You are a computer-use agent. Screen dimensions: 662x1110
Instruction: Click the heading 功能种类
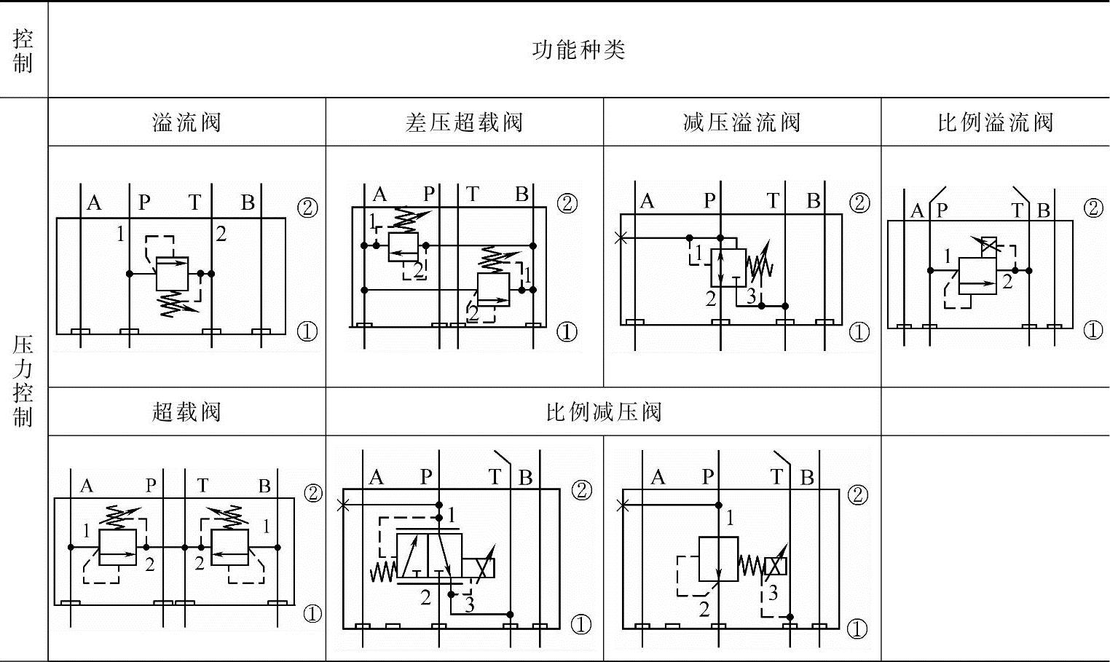coord(578,50)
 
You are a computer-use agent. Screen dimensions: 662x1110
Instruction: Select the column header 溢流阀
coord(186,122)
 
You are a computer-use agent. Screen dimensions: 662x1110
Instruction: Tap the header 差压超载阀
coord(464,122)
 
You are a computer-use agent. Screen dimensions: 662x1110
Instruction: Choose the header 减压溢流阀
coord(741,122)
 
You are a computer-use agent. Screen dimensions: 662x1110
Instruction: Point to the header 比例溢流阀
coord(995,122)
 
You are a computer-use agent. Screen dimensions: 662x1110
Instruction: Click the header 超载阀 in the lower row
coord(186,412)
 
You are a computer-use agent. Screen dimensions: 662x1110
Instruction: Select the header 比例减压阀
coord(603,412)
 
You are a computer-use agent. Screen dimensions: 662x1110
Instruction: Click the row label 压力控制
coord(23,380)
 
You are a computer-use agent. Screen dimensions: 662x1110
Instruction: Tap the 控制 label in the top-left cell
coord(23,50)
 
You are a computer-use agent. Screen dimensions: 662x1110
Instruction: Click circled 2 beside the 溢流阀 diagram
coord(307,208)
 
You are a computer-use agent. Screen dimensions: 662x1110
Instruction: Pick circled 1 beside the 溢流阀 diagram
coord(307,332)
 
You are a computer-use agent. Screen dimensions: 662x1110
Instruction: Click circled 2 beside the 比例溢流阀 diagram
coord(1093,208)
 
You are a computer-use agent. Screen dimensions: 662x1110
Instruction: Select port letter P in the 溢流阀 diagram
coord(144,202)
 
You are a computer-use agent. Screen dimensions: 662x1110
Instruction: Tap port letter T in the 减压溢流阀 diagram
coord(773,200)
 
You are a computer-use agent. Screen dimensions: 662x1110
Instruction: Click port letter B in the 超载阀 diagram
coord(264,486)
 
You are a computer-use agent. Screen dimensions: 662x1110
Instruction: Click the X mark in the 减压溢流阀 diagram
coord(621,237)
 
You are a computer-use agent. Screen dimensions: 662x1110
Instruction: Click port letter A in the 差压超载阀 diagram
coord(379,194)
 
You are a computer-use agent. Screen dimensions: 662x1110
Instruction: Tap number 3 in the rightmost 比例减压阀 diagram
coord(773,593)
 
